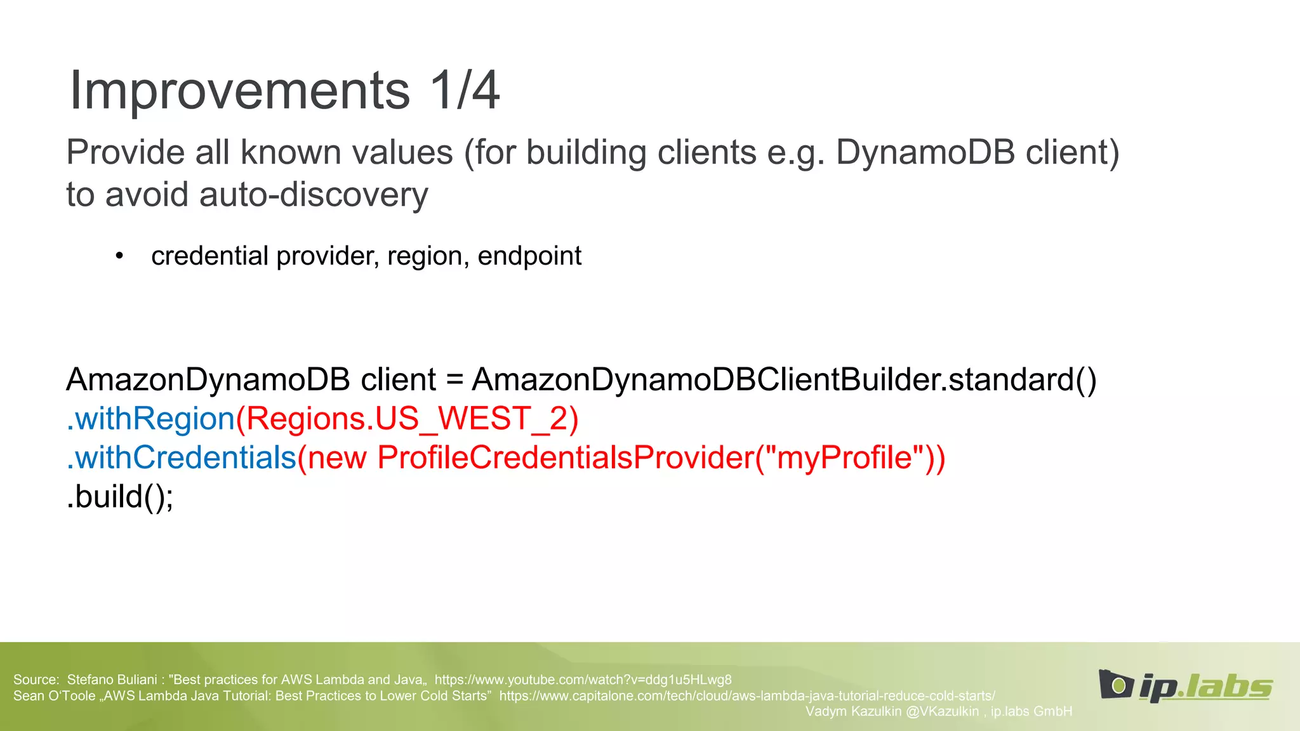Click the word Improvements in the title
240,91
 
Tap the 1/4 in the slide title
465,91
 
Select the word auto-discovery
314,194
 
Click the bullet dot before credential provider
119,256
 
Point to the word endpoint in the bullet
529,256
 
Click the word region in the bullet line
424,256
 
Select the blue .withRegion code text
151,419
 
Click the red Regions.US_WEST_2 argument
406,419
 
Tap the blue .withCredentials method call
182,458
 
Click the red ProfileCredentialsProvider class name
565,458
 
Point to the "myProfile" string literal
844,458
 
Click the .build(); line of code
119,496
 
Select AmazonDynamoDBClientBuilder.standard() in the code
784,379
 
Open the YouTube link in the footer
583,680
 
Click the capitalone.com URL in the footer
746,696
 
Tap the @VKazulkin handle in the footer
942,711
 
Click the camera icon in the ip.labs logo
1116,685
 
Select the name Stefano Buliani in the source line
112,680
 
